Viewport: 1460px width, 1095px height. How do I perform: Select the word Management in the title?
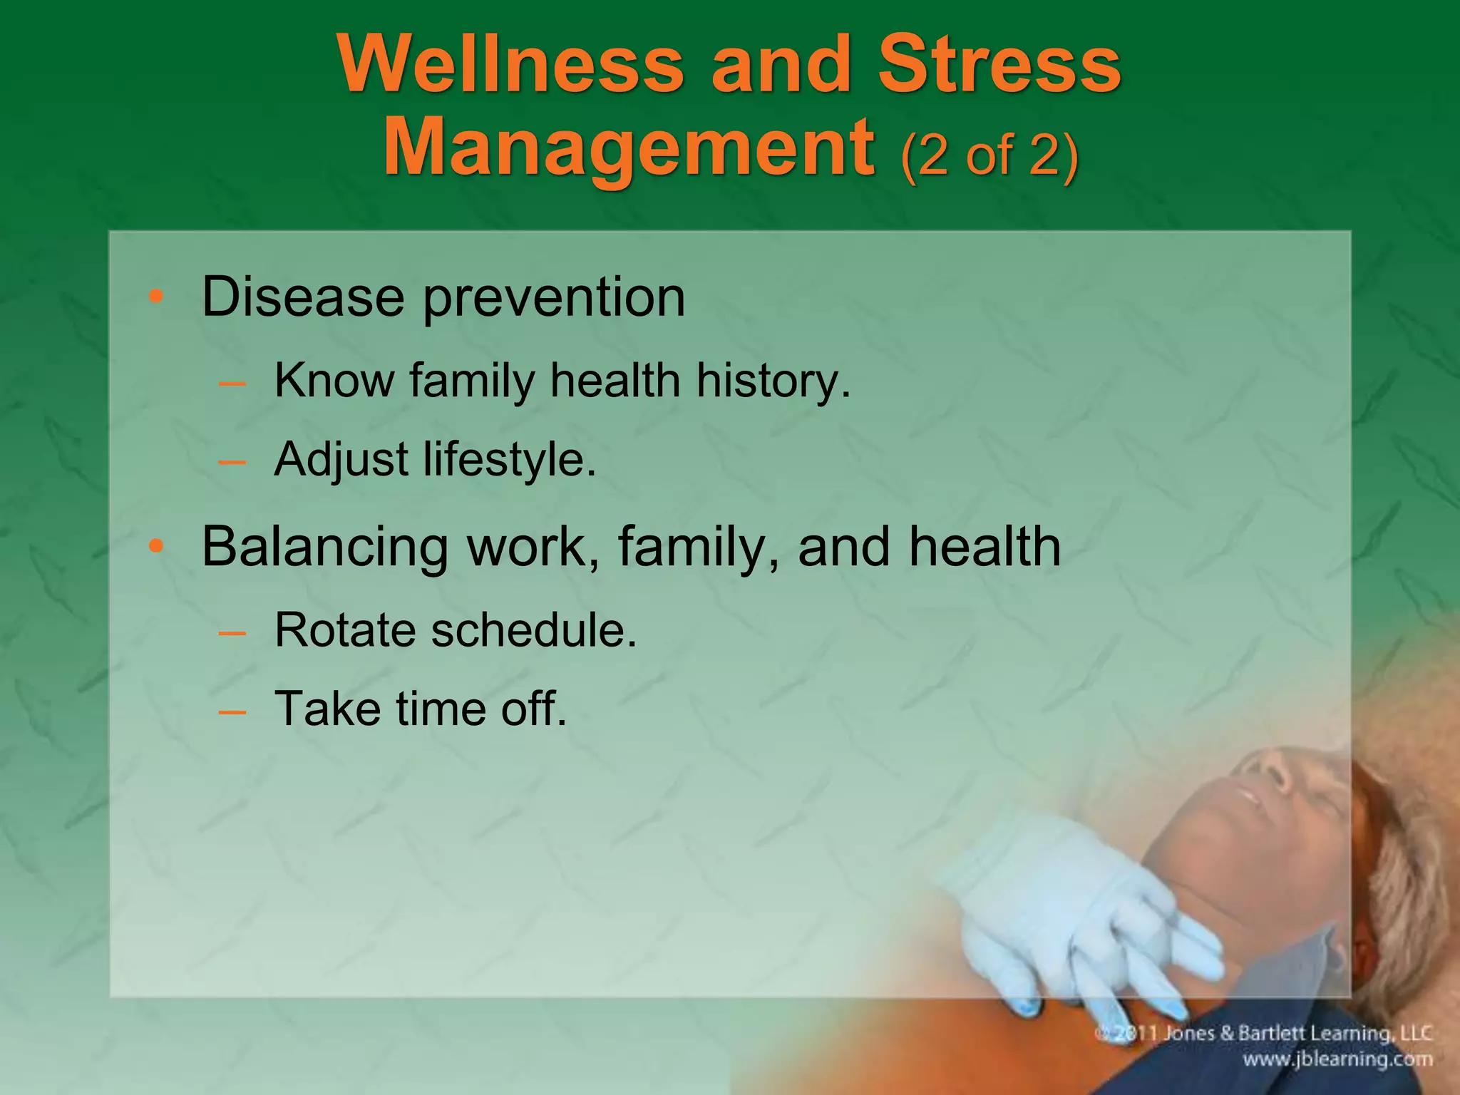click(629, 148)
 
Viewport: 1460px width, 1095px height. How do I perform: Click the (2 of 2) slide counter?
click(989, 155)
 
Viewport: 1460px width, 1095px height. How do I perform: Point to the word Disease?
click(303, 297)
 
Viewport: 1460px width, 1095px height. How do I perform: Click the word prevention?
click(554, 298)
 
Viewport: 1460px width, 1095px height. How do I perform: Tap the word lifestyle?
click(509, 460)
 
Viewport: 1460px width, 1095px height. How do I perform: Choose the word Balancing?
click(324, 547)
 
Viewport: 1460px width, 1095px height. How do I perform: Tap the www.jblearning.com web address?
click(1337, 1059)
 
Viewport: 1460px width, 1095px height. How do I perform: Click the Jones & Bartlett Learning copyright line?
click(1263, 1034)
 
